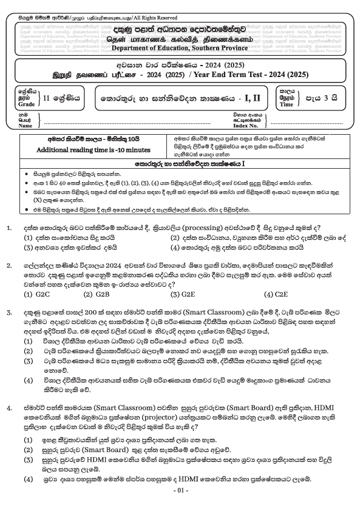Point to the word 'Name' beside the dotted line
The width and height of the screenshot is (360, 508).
pyautogui.click(x=25, y=126)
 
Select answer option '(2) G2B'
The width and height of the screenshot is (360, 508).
pyautogui.click(x=97, y=294)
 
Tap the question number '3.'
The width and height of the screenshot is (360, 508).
pyautogui.click(x=9, y=312)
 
